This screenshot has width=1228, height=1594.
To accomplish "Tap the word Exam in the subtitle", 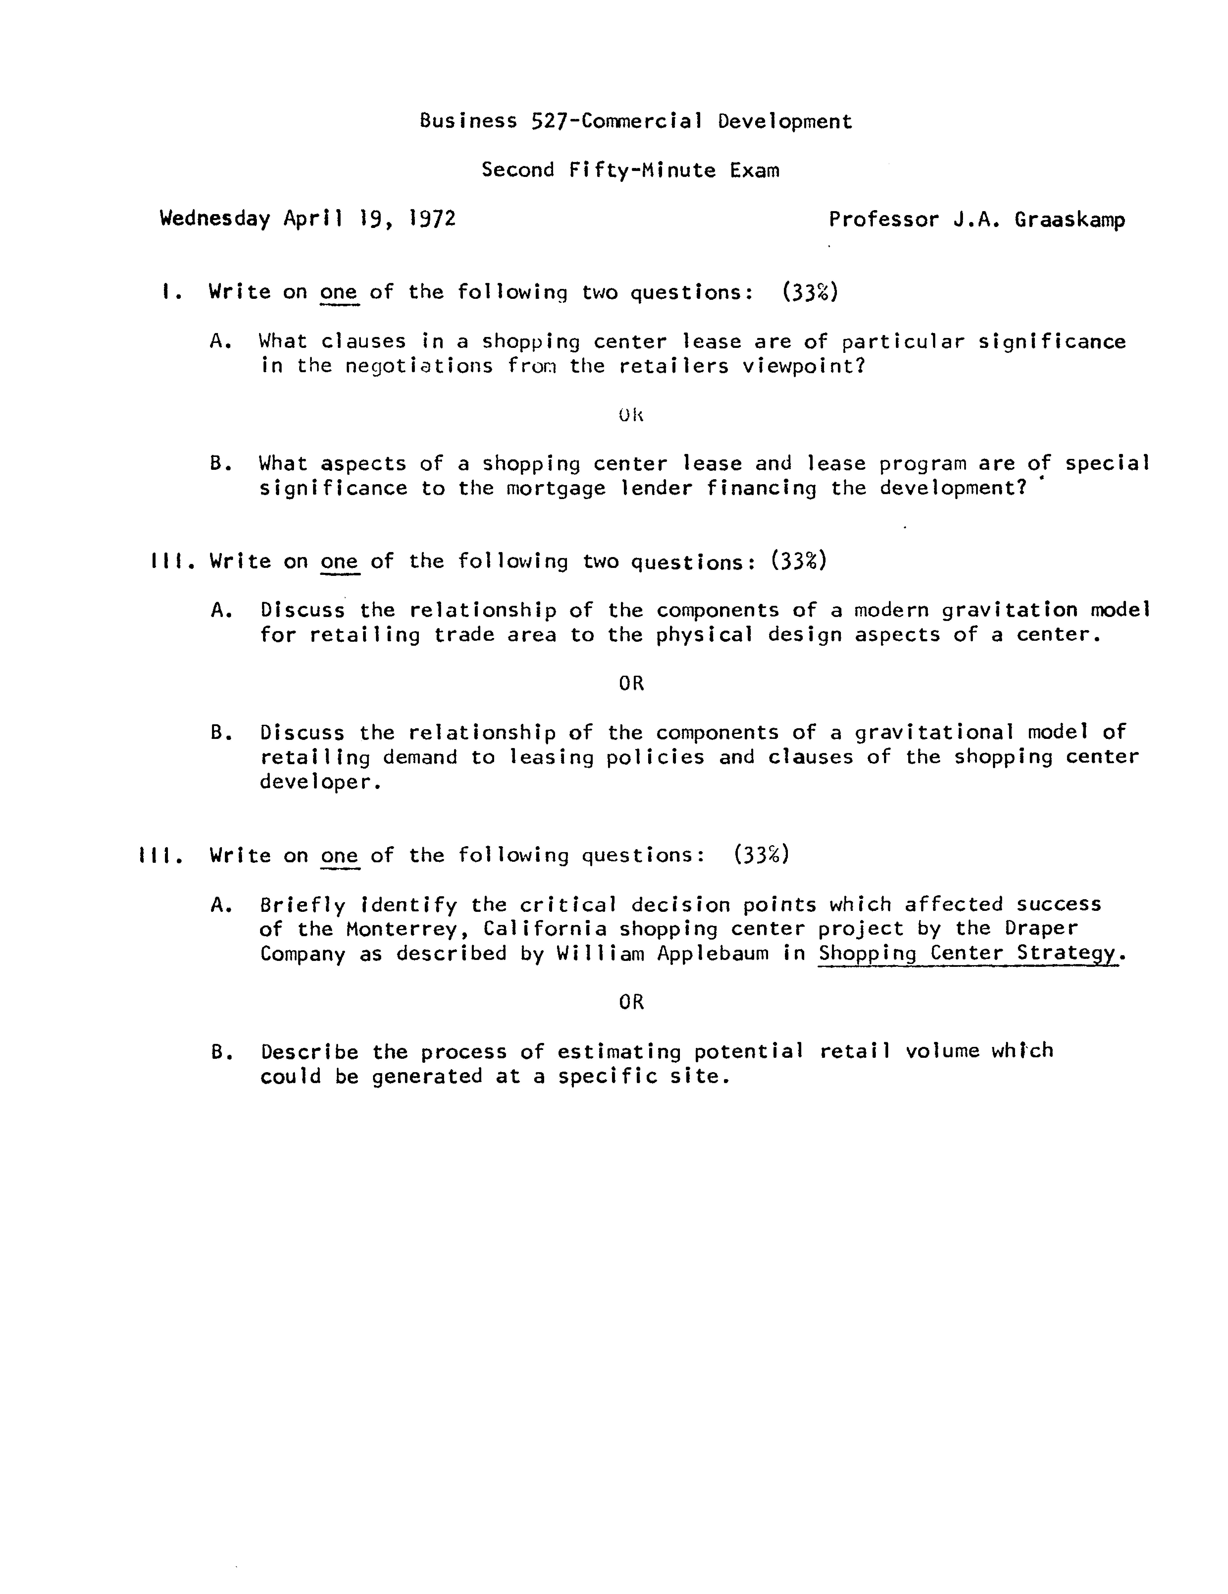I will pos(754,170).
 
